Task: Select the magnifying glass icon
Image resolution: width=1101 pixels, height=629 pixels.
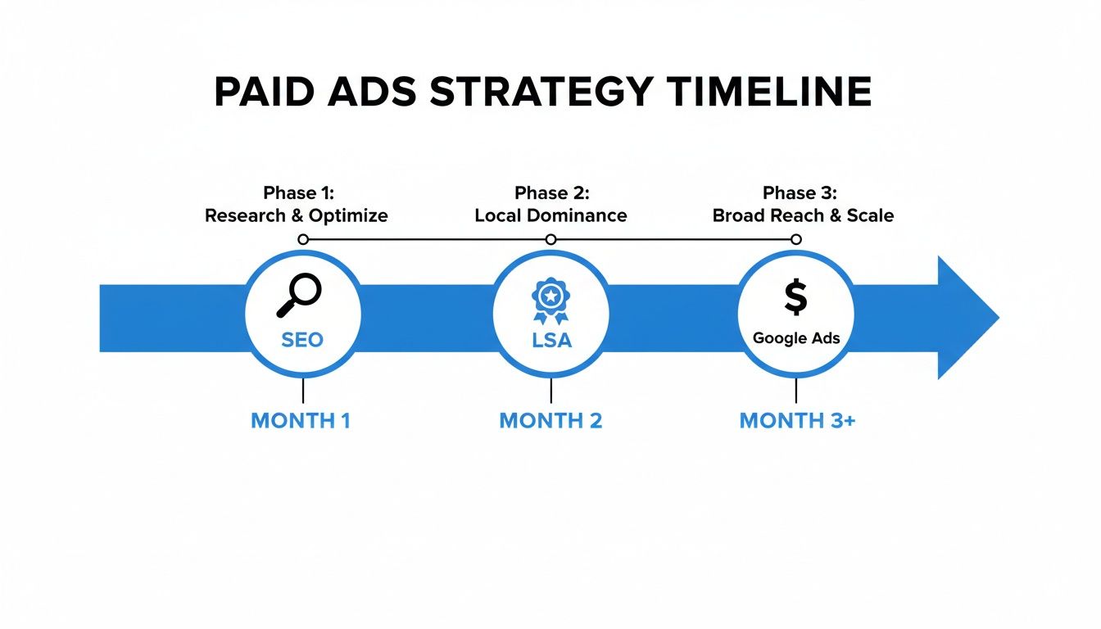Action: pyautogui.click(x=300, y=296)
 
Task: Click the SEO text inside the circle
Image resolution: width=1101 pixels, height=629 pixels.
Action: pyautogui.click(x=302, y=340)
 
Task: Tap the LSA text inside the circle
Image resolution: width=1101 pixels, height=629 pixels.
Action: pyautogui.click(x=551, y=340)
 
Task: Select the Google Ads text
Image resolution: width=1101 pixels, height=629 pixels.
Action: pyautogui.click(x=796, y=338)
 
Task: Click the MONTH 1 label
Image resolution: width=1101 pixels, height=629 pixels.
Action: pyautogui.click(x=301, y=421)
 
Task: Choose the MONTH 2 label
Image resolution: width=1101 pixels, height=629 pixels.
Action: pyautogui.click(x=550, y=421)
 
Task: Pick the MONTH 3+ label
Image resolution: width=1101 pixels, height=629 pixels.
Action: pyautogui.click(x=797, y=421)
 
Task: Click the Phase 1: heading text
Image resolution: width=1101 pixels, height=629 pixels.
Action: pyautogui.click(x=299, y=193)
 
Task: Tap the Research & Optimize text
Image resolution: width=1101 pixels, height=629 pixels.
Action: pyautogui.click(x=297, y=216)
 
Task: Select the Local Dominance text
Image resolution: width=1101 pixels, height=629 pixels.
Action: pyautogui.click(x=550, y=216)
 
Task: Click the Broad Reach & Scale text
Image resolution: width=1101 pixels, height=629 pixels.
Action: pyautogui.click(x=803, y=216)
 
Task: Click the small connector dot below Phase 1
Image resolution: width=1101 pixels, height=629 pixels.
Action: pyautogui.click(x=303, y=239)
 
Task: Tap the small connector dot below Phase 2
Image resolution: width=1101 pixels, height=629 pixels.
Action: pyautogui.click(x=550, y=239)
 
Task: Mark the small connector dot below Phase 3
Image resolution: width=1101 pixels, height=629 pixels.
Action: pyautogui.click(x=795, y=239)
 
